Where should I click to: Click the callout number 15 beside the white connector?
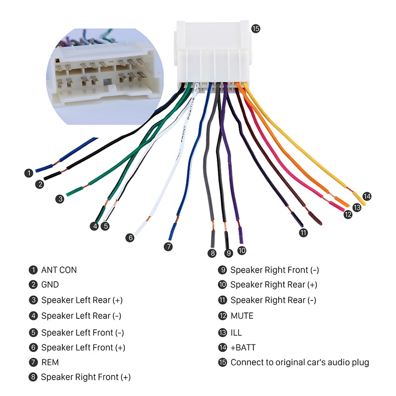pyautogui.click(x=255, y=29)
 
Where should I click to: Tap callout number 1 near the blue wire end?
pyautogui.click(x=29, y=173)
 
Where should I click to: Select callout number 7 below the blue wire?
pyautogui.click(x=168, y=247)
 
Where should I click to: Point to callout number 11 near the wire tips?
pyautogui.click(x=303, y=233)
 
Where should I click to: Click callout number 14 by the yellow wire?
pyautogui.click(x=367, y=196)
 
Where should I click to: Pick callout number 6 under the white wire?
pyautogui.click(x=130, y=238)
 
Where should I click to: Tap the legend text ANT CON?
pyautogui.click(x=59, y=270)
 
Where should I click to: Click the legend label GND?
pyautogui.click(x=50, y=285)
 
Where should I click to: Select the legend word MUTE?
pyautogui.click(x=242, y=316)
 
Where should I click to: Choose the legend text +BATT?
pyautogui.click(x=243, y=347)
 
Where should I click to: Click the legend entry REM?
pyautogui.click(x=50, y=362)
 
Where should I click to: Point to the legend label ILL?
pyautogui.click(x=236, y=333)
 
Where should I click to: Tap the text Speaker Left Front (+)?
pyautogui.click(x=83, y=347)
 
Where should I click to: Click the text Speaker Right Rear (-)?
pyautogui.click(x=273, y=300)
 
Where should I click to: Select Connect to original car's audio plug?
pyautogui.click(x=300, y=362)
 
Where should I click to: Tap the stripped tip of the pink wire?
pyautogui.click(x=337, y=205)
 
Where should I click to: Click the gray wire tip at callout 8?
pyautogui.click(x=213, y=239)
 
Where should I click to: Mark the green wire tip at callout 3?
pyautogui.click(x=75, y=191)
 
